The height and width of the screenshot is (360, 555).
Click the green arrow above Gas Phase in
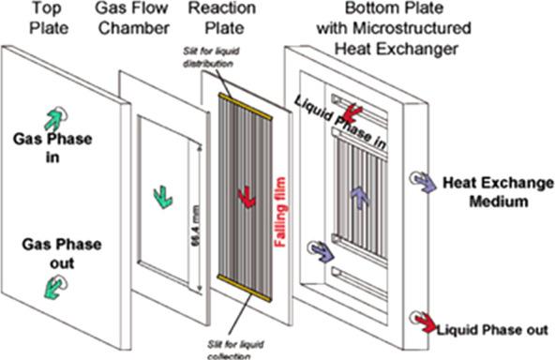click(54, 119)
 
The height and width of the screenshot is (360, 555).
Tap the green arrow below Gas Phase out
click(53, 288)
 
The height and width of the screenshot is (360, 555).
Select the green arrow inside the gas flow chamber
click(162, 197)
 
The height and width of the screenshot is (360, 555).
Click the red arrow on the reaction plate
click(247, 197)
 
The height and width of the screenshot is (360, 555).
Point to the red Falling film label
click(280, 212)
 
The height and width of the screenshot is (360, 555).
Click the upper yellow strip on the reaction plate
click(246, 106)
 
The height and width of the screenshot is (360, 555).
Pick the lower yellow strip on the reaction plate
click(245, 288)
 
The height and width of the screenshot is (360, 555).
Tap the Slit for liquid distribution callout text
click(211, 57)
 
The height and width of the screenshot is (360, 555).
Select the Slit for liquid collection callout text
click(235, 350)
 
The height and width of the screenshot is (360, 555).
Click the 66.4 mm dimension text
click(196, 226)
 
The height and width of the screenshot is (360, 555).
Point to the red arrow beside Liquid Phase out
click(427, 323)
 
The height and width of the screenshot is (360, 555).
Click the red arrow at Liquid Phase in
click(352, 113)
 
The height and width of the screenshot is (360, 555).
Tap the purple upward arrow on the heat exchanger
click(360, 198)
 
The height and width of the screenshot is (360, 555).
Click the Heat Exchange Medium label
click(499, 192)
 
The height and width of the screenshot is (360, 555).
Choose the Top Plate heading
click(49, 18)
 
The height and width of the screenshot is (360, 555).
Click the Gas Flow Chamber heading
click(132, 18)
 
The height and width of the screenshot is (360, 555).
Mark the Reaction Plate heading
click(222, 18)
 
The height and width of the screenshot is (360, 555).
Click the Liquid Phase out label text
click(492, 330)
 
